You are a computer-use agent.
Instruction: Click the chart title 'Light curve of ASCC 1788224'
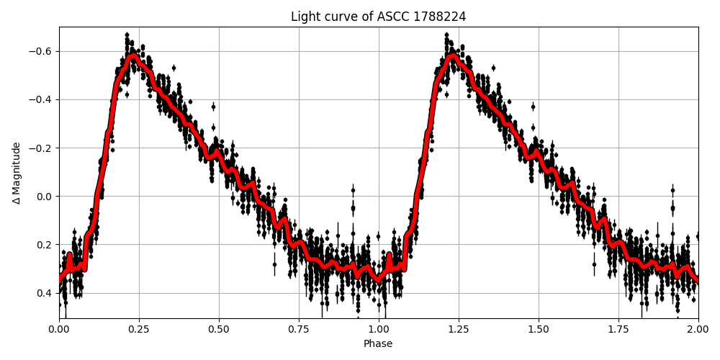point(378,17)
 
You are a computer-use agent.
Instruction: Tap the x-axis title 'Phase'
point(378,344)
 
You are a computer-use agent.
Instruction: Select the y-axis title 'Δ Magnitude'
point(17,173)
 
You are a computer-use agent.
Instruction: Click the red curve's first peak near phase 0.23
point(133,55)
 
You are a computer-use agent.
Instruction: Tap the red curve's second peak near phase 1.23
point(452,55)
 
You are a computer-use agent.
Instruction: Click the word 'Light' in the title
point(304,17)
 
